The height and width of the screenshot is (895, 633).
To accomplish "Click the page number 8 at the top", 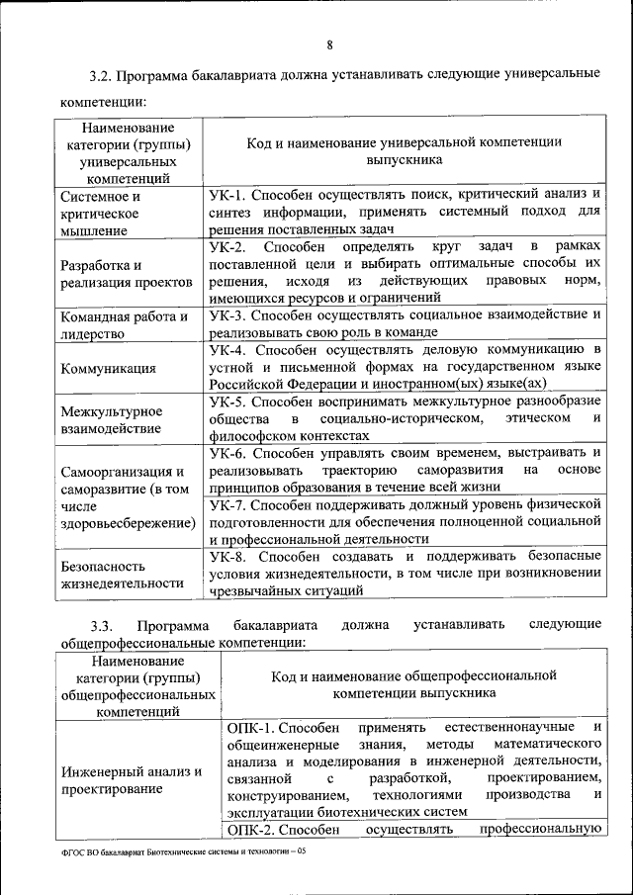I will coord(329,43).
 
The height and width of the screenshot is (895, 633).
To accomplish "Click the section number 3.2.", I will coord(101,75).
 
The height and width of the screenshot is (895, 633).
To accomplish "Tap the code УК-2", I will coord(230,245).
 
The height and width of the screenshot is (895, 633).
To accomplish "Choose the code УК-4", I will coord(229,350).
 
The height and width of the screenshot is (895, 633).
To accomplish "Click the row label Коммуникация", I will coord(108,369).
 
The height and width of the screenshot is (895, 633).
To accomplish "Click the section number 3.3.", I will coord(102,625).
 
